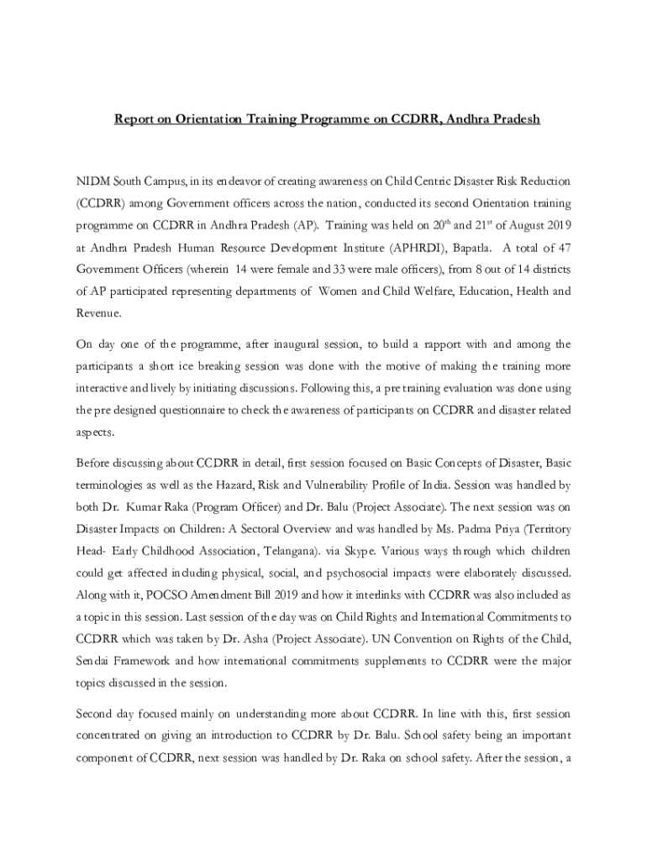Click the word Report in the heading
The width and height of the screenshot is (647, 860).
(135, 119)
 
